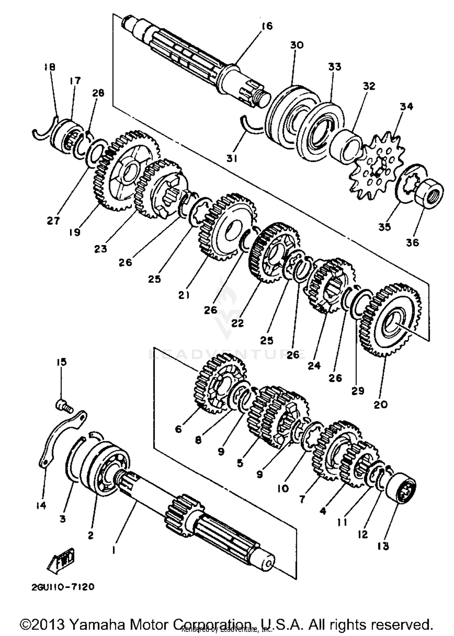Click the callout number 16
click(x=267, y=26)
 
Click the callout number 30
click(x=297, y=45)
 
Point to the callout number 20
click(x=381, y=404)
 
